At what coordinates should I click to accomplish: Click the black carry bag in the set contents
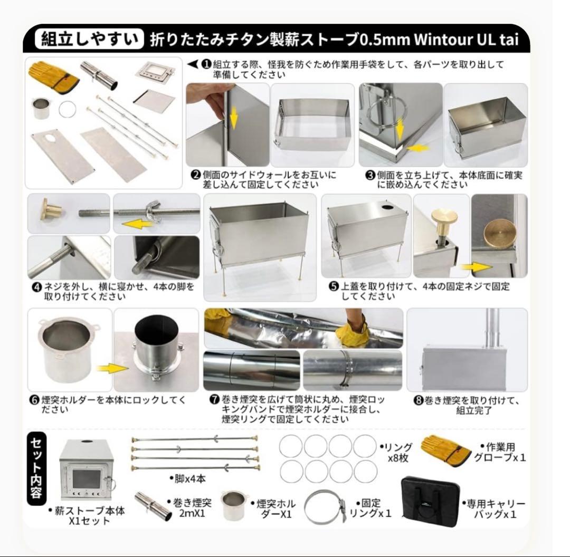pyautogui.click(x=426, y=498)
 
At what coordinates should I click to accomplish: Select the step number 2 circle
pyautogui.click(x=195, y=175)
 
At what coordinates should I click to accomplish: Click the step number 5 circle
pyautogui.click(x=334, y=287)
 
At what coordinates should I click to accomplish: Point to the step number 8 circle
pyautogui.click(x=419, y=401)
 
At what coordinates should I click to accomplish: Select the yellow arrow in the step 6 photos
pyautogui.click(x=112, y=368)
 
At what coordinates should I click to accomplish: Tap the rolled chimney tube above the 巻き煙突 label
pyautogui.click(x=153, y=505)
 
